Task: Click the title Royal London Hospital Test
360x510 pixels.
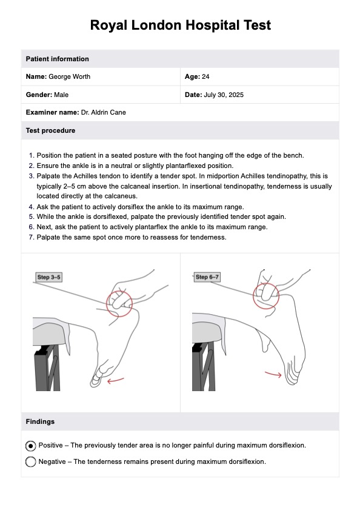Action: [180, 25]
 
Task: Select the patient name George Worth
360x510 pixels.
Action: [69, 77]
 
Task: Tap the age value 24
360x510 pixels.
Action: [205, 77]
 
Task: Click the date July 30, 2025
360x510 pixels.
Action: [224, 95]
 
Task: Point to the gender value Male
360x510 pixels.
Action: [61, 95]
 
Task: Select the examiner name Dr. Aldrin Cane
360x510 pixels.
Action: [104, 113]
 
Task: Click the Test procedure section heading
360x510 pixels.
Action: [50, 130]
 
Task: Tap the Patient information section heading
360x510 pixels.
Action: [57, 59]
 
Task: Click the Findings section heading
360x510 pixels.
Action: [40, 421]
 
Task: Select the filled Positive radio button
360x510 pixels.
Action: [30, 446]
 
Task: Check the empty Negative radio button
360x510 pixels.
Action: [30, 462]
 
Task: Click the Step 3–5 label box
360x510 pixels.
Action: [48, 277]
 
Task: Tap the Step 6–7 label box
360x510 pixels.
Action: [207, 277]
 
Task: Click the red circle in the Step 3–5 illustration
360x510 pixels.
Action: [107, 303]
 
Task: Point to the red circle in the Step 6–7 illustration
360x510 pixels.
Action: [253, 295]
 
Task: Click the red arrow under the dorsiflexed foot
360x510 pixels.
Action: [115, 380]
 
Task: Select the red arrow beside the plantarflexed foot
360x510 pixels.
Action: [273, 374]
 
